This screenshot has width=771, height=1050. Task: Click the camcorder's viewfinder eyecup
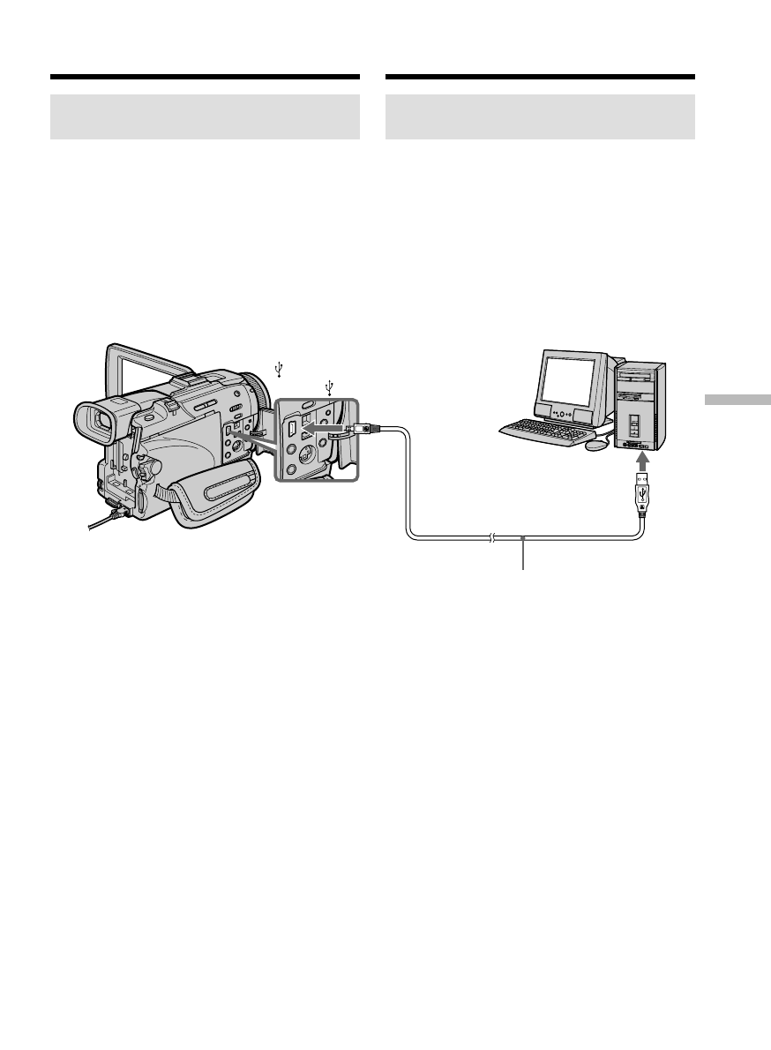coord(94,423)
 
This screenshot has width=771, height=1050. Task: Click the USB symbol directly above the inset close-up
coord(330,386)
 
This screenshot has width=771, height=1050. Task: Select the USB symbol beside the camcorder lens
coord(279,370)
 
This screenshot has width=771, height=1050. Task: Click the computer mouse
coord(596,444)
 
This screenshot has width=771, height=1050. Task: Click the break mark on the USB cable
coord(491,537)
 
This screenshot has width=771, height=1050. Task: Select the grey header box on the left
coord(205,116)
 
